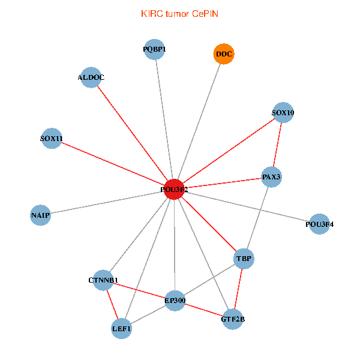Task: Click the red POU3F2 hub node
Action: pyautogui.click(x=174, y=189)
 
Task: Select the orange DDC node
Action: pyautogui.click(x=224, y=54)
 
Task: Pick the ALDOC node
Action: pyautogui.click(x=91, y=77)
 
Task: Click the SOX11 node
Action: pyautogui.click(x=52, y=139)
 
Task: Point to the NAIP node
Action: pyautogui.click(x=40, y=215)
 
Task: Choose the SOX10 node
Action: pyautogui.click(x=283, y=113)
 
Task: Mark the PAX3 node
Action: pyautogui.click(x=271, y=176)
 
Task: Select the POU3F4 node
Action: pyautogui.click(x=319, y=224)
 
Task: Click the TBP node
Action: pyautogui.click(x=244, y=259)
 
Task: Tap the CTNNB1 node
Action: pyautogui.click(x=104, y=280)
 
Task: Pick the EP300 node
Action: pyautogui.click(x=175, y=300)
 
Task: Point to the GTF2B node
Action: pyautogui.click(x=233, y=319)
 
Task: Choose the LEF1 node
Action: pyautogui.click(x=121, y=328)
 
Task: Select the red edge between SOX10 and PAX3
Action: pyautogui.click(x=277, y=145)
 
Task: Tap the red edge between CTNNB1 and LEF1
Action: pyautogui.click(x=112, y=304)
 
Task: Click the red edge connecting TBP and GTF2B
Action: pyautogui.click(x=238, y=289)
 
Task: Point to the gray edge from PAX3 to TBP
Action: pyautogui.click(x=257, y=217)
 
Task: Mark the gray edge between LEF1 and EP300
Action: pyautogui.click(x=148, y=314)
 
